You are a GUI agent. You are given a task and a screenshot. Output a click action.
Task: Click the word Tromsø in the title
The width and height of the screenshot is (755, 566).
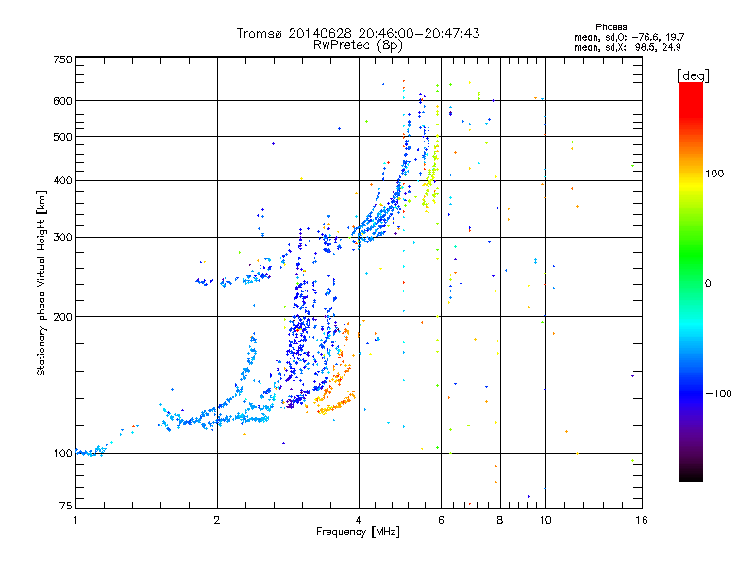261,33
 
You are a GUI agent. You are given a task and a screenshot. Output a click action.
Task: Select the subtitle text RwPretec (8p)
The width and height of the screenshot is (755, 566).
358,44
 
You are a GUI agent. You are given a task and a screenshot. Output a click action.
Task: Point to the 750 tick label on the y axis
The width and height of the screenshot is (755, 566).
63,59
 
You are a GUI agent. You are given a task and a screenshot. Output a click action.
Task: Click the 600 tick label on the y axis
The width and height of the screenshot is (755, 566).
63,101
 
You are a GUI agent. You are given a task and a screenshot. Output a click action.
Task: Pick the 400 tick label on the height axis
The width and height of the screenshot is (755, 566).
63,180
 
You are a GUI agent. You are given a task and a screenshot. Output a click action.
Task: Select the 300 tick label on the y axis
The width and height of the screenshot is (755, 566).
63,237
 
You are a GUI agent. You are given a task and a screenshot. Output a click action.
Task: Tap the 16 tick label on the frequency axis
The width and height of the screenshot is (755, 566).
641,519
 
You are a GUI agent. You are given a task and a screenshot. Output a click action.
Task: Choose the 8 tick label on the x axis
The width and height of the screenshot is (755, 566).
500,519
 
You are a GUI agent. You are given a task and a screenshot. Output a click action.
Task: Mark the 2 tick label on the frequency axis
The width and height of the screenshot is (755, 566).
217,519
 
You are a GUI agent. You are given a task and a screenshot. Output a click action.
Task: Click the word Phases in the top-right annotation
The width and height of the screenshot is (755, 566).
612,26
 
